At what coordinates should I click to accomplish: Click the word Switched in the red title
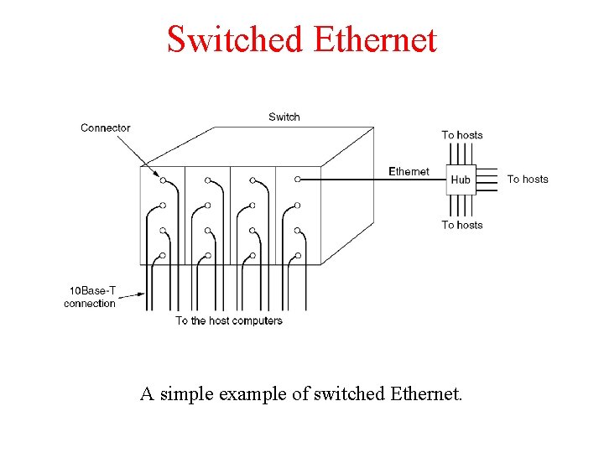235,39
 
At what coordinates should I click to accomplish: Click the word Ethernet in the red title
374,39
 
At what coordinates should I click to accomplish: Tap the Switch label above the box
284,117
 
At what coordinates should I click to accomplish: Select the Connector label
106,128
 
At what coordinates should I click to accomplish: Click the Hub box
461,180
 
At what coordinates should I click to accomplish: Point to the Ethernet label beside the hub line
409,171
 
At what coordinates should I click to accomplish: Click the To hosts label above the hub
462,135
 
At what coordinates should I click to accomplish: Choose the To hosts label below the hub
462,225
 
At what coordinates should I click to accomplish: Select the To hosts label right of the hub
528,179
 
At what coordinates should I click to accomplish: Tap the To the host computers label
229,320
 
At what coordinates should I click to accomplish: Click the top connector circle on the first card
163,180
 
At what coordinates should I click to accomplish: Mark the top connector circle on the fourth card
299,180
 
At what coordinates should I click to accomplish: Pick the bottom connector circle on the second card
208,255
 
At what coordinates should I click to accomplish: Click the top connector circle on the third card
253,180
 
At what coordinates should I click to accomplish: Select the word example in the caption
258,393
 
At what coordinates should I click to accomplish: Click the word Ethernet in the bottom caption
426,393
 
